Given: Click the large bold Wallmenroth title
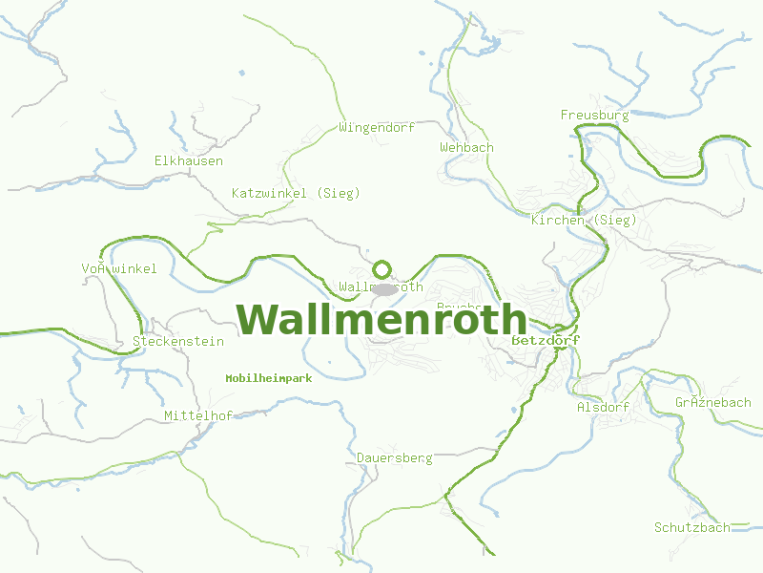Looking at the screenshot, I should click(x=381, y=320).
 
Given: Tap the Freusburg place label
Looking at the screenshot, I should click(x=594, y=116).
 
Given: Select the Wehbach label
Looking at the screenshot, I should click(x=466, y=147).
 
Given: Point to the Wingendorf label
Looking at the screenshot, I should click(x=377, y=127).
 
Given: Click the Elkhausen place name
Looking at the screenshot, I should click(x=189, y=161).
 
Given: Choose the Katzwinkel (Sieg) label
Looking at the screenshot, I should click(x=296, y=193).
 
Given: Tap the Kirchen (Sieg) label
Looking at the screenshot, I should click(x=584, y=221).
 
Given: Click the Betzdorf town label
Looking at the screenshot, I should click(x=546, y=340).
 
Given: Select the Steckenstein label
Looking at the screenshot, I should click(x=178, y=341).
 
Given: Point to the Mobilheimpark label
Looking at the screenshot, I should click(x=269, y=378).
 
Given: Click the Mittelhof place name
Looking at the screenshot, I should click(x=198, y=415).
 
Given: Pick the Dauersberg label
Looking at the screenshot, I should click(x=394, y=458).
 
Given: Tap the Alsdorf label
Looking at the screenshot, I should click(x=603, y=407).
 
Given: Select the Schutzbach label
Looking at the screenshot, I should click(x=691, y=527).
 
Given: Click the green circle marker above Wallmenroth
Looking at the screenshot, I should click(x=382, y=269).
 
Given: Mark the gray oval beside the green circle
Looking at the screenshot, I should click(x=383, y=288).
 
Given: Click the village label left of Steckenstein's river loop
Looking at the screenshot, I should click(x=119, y=268).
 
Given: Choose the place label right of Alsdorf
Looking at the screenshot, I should click(x=712, y=402).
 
